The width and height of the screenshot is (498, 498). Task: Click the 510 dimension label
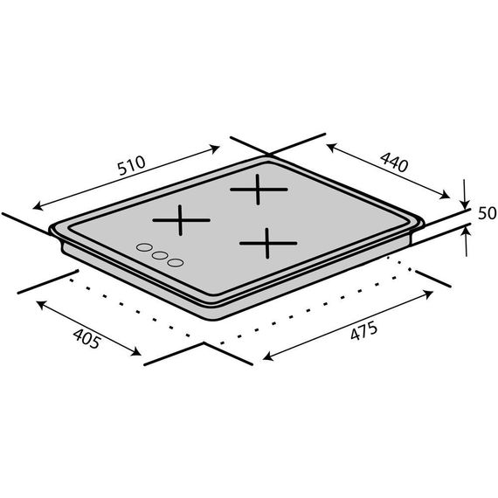[131, 165]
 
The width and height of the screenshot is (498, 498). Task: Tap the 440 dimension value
[394, 162]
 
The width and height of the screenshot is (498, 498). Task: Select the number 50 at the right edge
[487, 213]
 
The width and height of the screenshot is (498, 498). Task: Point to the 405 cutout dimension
[87, 339]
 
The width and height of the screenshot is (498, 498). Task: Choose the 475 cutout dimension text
[364, 330]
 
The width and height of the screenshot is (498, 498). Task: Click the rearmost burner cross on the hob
[259, 190]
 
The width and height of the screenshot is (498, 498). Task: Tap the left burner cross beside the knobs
[181, 220]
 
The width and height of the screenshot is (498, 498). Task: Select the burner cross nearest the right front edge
[268, 243]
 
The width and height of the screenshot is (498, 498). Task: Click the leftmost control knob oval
[144, 247]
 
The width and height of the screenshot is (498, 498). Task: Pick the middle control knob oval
[160, 255]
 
